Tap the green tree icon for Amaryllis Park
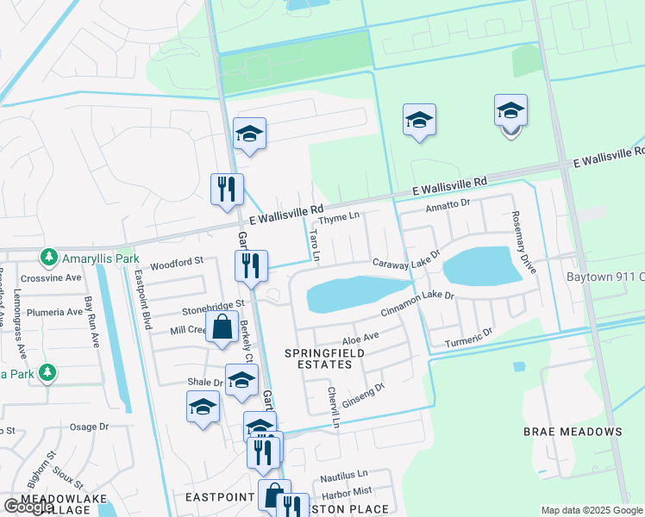(x=48, y=258)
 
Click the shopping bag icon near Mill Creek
(x=222, y=327)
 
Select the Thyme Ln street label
(x=340, y=218)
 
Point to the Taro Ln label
(x=315, y=244)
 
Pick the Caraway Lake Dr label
(x=406, y=259)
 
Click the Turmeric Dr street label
(x=468, y=337)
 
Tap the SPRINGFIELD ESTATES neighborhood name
(x=320, y=358)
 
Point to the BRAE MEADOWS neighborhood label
(x=573, y=431)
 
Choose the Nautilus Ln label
(x=343, y=475)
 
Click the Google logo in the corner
(x=28, y=507)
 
